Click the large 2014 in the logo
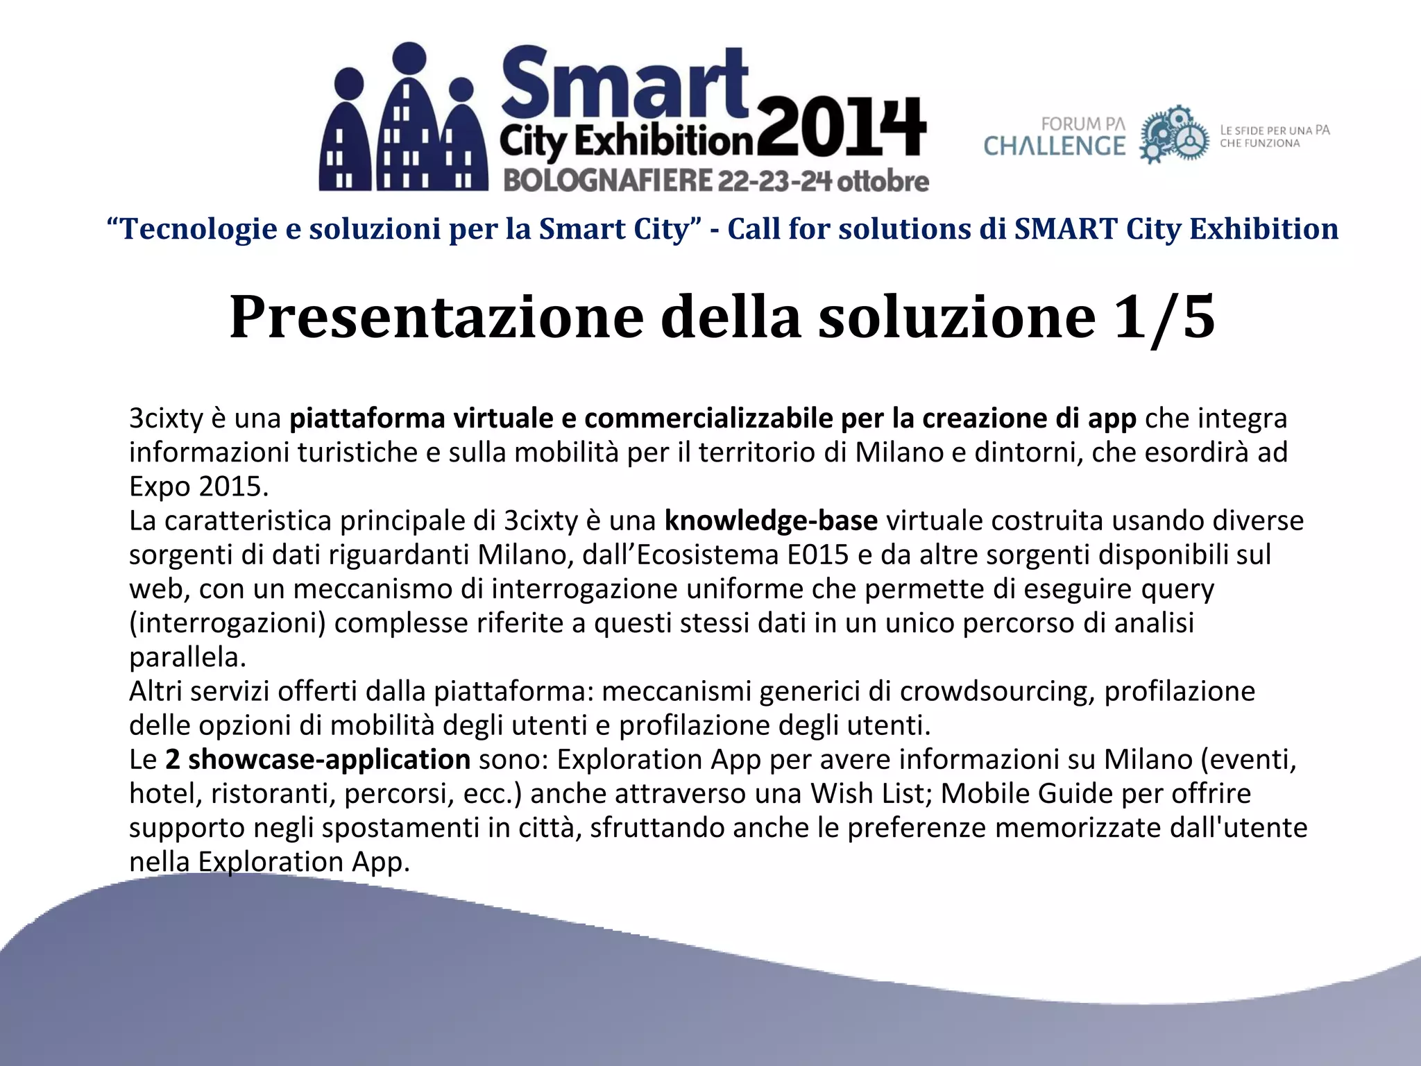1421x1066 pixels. pyautogui.click(x=841, y=129)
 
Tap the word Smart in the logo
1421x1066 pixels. pyautogui.click(x=624, y=85)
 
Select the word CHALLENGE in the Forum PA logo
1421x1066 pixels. pyautogui.click(x=1055, y=146)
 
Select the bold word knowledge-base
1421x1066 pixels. pyautogui.click(x=771, y=521)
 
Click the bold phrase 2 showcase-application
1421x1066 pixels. pyautogui.click(x=318, y=759)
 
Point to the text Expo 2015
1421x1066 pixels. pyautogui.click(x=198, y=487)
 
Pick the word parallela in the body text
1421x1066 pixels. pyautogui.click(x=187, y=657)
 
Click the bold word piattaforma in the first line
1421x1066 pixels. pyautogui.click(x=367, y=418)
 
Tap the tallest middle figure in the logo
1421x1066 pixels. pyautogui.click(x=409, y=118)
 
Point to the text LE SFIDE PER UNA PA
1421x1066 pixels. pyautogui.click(x=1275, y=130)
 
